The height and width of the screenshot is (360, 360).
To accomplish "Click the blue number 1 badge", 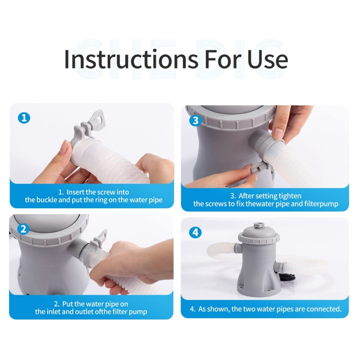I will pos(24,118).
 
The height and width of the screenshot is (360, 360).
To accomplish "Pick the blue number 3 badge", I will pos(195,120).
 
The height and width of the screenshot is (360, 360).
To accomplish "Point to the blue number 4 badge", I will pos(195,233).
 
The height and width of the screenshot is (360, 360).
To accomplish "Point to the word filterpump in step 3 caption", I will pos(322,204).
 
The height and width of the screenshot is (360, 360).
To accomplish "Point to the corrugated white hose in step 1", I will pos(130,166).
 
